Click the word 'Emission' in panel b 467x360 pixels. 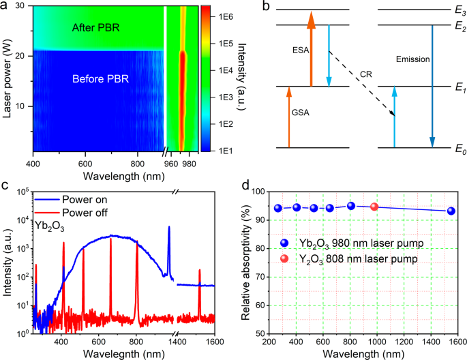point(412,60)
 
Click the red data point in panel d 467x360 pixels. point(374,207)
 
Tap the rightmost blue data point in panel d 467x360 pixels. point(451,211)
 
